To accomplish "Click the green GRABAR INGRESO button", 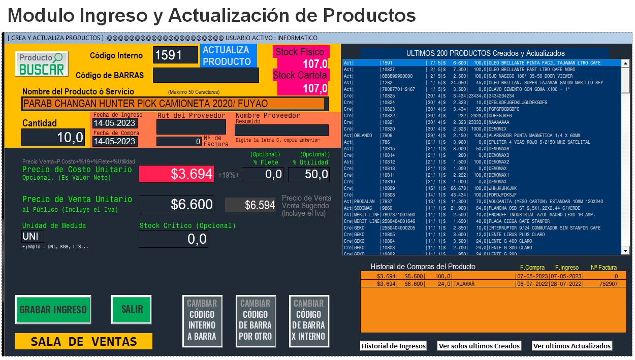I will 53,309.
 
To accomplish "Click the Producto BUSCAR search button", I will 41,64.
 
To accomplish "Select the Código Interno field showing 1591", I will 176,55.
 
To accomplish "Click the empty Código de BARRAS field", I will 206,75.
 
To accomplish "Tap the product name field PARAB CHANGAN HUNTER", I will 173,104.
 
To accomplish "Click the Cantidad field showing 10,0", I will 53,137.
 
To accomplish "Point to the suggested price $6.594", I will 251,205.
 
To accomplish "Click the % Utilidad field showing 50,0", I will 308,175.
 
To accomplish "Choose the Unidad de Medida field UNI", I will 33,236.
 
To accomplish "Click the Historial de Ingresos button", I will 394,346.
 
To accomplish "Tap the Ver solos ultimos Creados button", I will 479,346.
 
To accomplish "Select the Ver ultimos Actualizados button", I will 572,346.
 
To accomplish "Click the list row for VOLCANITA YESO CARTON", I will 483,202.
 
